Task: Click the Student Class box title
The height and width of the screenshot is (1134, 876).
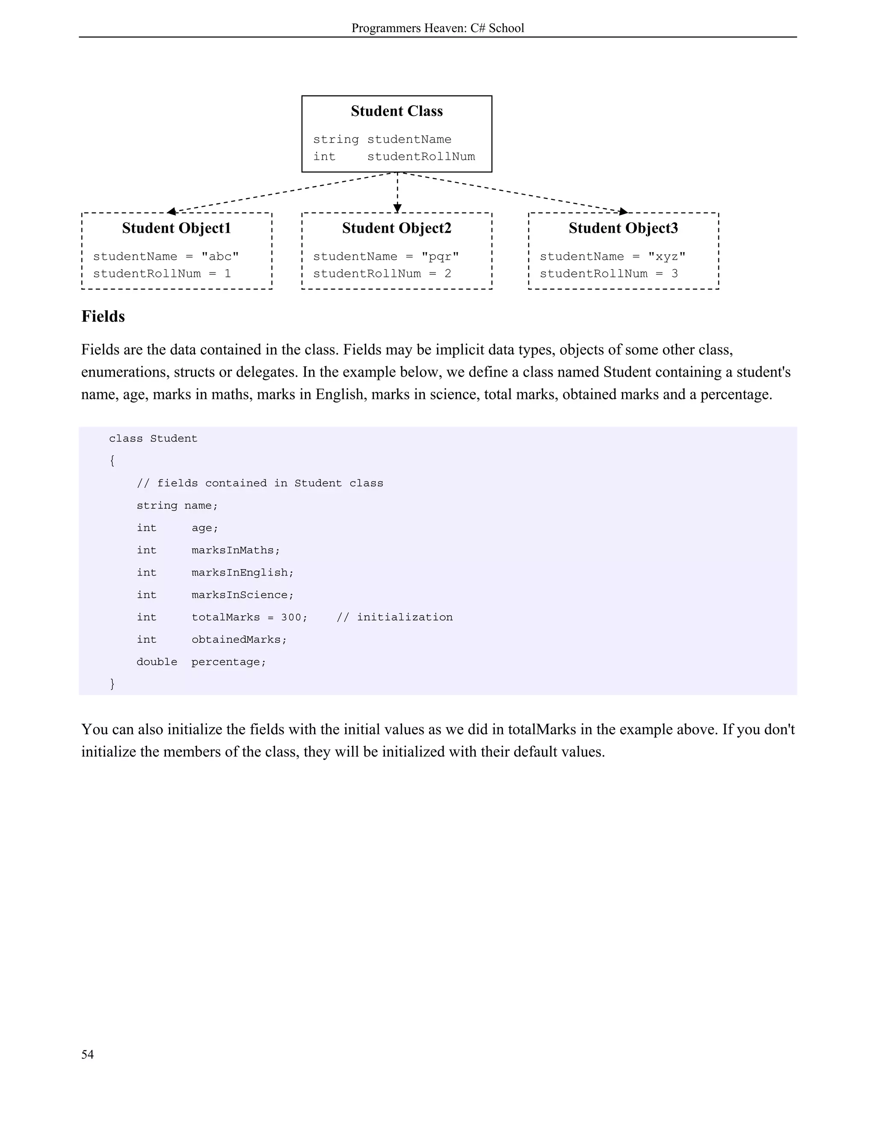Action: pyautogui.click(x=397, y=111)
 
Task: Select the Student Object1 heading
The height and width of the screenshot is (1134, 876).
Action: pyautogui.click(x=177, y=228)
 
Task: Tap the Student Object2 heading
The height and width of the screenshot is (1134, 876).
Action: pyautogui.click(x=397, y=228)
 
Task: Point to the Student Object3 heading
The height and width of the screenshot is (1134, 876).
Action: pyautogui.click(x=623, y=228)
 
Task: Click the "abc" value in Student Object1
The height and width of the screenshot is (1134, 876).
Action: pyautogui.click(x=220, y=256)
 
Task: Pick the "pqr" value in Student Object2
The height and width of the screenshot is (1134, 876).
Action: pyautogui.click(x=440, y=256)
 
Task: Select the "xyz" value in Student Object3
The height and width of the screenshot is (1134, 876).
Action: pyautogui.click(x=667, y=256)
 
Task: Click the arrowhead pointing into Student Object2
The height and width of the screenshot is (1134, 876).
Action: pyautogui.click(x=397, y=208)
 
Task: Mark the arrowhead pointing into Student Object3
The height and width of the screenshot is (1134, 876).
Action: pyautogui.click(x=623, y=211)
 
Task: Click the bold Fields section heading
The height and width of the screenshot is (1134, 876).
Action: pyautogui.click(x=103, y=317)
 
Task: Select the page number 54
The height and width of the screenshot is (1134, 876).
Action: pyautogui.click(x=87, y=1054)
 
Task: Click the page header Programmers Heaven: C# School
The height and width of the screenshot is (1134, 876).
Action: pyautogui.click(x=438, y=28)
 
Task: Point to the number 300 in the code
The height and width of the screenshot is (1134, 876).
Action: pyautogui.click(x=290, y=617)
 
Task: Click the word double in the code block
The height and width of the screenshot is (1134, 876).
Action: pyautogui.click(x=157, y=662)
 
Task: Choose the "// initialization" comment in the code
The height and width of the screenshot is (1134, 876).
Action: pyautogui.click(x=394, y=617)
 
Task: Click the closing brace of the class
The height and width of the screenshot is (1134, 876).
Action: pyautogui.click(x=112, y=684)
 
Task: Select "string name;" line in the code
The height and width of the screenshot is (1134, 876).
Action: pyautogui.click(x=177, y=506)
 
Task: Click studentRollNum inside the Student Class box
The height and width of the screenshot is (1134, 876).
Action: pyautogui.click(x=421, y=157)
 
